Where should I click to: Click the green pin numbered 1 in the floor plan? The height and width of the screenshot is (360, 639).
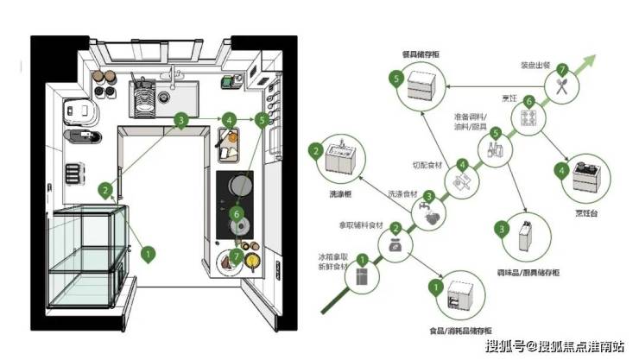pos(148,253)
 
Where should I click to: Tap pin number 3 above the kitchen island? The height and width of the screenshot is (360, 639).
pos(181,121)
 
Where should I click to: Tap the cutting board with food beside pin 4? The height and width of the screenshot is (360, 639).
pos(231,145)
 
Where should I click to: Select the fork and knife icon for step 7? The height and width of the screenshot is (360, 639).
pos(562,85)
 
